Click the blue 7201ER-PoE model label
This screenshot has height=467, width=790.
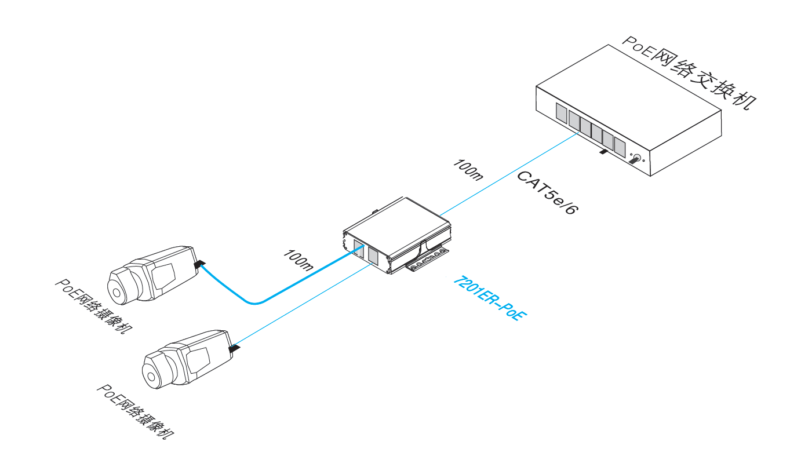click(x=490, y=298)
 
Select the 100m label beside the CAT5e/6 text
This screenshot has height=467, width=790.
click(x=468, y=170)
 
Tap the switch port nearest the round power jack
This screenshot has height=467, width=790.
click(x=620, y=147)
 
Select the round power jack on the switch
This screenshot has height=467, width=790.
click(x=637, y=158)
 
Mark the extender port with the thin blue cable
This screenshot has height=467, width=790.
click(x=373, y=256)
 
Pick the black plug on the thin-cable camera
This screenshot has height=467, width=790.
click(x=234, y=348)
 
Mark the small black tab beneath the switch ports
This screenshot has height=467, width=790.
click(x=603, y=152)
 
